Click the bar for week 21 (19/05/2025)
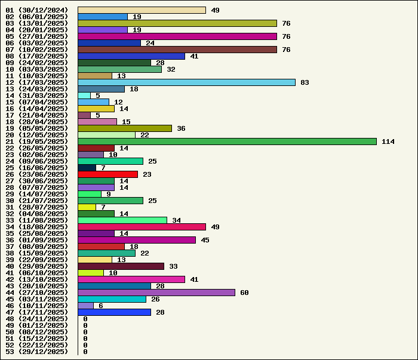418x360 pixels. pos(227,141)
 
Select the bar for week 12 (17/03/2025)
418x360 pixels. pos(186,82)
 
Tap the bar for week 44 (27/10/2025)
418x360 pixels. pos(156,293)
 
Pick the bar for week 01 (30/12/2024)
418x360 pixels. pos(142,10)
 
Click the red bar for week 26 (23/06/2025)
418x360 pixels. pos(107,174)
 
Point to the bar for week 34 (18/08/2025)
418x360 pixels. pos(142,227)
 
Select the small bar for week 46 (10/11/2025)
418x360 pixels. pos(85,306)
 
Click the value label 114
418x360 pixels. pos(388,141)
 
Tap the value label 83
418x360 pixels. pos(305,82)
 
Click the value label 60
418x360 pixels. pos(244,293)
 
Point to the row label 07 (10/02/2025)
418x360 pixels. pos(36,50)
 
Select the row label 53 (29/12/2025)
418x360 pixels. pos(36,352)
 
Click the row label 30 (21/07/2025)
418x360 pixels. pos(36,201)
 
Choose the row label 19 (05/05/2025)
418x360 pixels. pos(36,128)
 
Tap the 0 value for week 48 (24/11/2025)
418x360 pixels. pos(85,319)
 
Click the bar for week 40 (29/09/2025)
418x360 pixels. pos(121,266)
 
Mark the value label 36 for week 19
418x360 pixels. pos(181,128)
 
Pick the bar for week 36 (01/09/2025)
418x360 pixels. pos(137,240)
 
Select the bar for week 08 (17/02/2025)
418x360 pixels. pos(131,56)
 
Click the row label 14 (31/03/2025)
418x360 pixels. pos(36,96)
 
